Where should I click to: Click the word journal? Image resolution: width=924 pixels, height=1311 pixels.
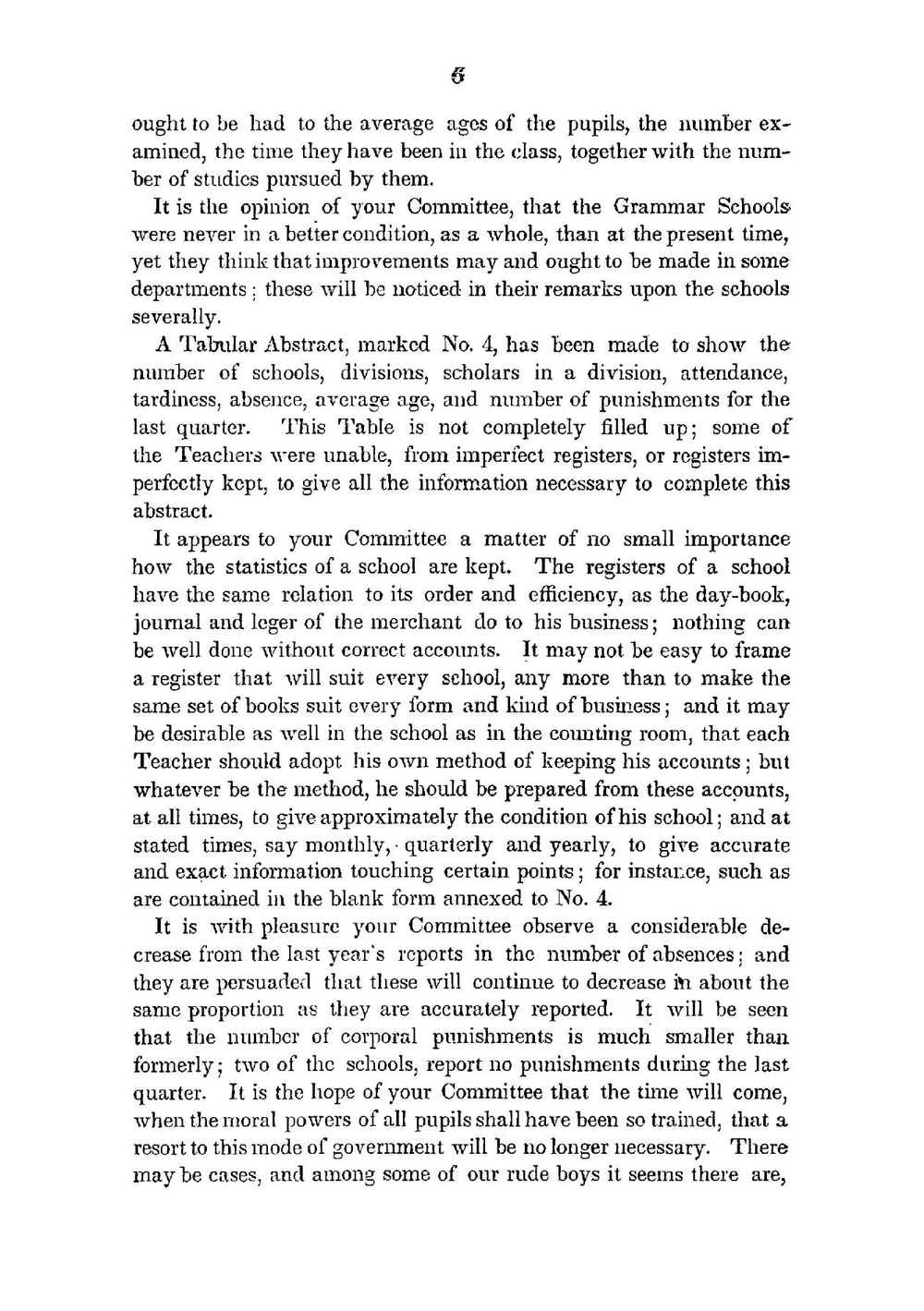pos(164,624)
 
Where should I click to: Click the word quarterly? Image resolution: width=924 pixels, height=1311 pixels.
pos(447,845)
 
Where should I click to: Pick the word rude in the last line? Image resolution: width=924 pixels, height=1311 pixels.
pos(507,1175)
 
